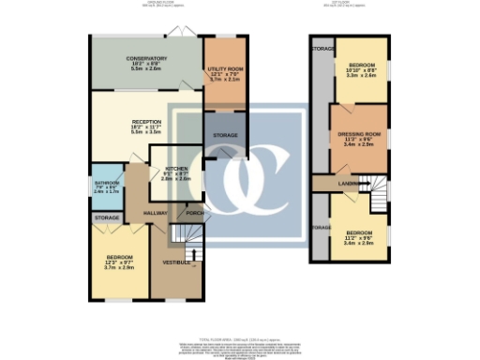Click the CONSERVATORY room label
146,58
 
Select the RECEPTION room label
146,123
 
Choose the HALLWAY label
142,213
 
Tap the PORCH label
195,212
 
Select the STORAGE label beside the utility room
224,135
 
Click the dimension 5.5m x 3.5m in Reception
146,134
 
